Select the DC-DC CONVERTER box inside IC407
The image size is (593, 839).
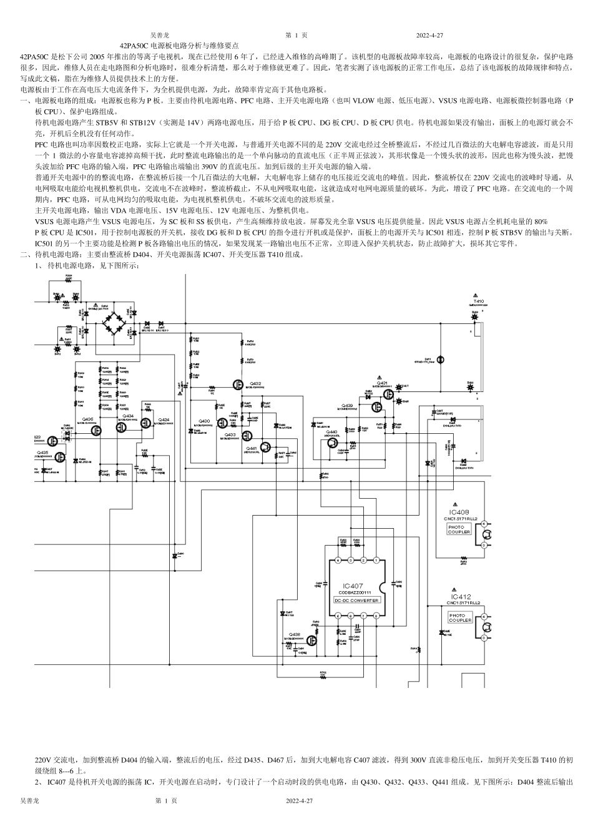click(x=356, y=601)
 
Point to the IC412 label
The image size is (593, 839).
click(x=461, y=597)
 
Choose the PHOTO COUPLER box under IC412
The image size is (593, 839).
click(x=461, y=617)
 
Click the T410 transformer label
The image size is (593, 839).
click(x=478, y=301)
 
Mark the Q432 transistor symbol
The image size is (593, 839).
click(x=238, y=385)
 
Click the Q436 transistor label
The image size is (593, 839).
click(x=88, y=419)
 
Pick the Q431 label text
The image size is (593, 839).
click(x=383, y=382)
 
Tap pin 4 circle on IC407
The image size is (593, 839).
click(x=338, y=561)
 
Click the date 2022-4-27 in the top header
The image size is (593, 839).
click(x=429, y=36)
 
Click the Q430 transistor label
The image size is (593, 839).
click(x=204, y=421)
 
